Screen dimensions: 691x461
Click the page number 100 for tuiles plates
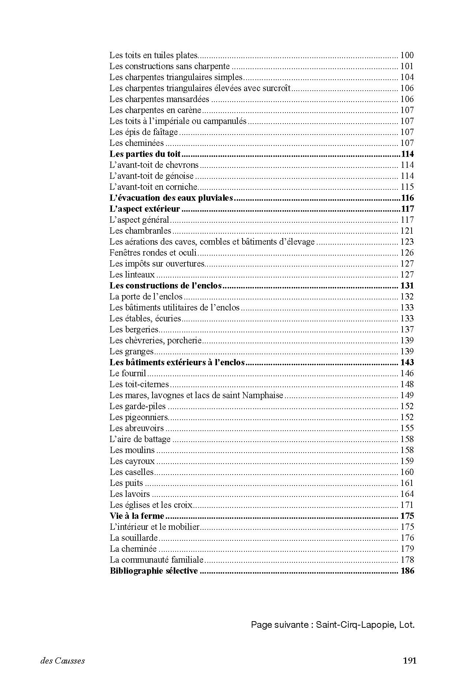[407, 56]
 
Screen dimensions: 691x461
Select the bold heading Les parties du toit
[145, 154]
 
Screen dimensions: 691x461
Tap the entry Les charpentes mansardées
[159, 99]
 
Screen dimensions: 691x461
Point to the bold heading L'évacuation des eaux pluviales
[171, 198]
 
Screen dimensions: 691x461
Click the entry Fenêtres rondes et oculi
[153, 253]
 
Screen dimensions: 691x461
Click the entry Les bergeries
[134, 330]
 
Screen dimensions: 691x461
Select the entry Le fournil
[128, 374]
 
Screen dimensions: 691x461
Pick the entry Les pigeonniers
[139, 418]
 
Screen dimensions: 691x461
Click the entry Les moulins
[132, 450]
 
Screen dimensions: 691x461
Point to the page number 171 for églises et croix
[407, 505]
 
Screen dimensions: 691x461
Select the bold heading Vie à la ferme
[137, 516]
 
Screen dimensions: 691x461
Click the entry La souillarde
[134, 538]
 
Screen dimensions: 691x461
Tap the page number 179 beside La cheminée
[407, 549]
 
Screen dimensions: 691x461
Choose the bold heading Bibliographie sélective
[154, 571]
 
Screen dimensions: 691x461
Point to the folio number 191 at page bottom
[409, 661]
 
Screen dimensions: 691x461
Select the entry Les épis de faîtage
[143, 132]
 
